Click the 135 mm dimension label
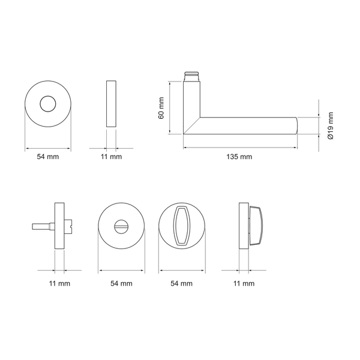point(239,157)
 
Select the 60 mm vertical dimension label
point(161,108)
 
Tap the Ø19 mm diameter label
point(330,125)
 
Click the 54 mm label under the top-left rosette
point(48,157)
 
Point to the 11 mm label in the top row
point(111,157)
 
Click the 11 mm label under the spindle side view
point(59,284)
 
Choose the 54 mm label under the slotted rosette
point(121,284)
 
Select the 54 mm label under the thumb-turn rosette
point(181,284)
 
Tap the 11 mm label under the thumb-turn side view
point(244,284)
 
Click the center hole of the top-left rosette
point(48,104)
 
